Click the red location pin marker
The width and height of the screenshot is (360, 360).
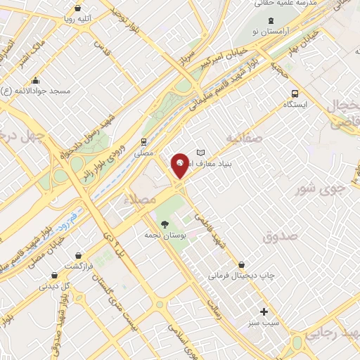(180, 166)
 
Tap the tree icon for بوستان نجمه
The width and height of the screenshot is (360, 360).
(165, 224)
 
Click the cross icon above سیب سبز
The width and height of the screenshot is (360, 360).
(264, 311)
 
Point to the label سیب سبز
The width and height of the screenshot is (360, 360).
(264, 325)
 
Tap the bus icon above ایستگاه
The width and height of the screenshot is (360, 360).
(295, 93)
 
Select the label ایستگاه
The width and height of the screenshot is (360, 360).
(295, 105)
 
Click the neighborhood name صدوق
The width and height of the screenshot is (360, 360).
(281, 238)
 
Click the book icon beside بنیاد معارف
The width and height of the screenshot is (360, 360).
(201, 153)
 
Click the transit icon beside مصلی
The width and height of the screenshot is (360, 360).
(143, 139)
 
